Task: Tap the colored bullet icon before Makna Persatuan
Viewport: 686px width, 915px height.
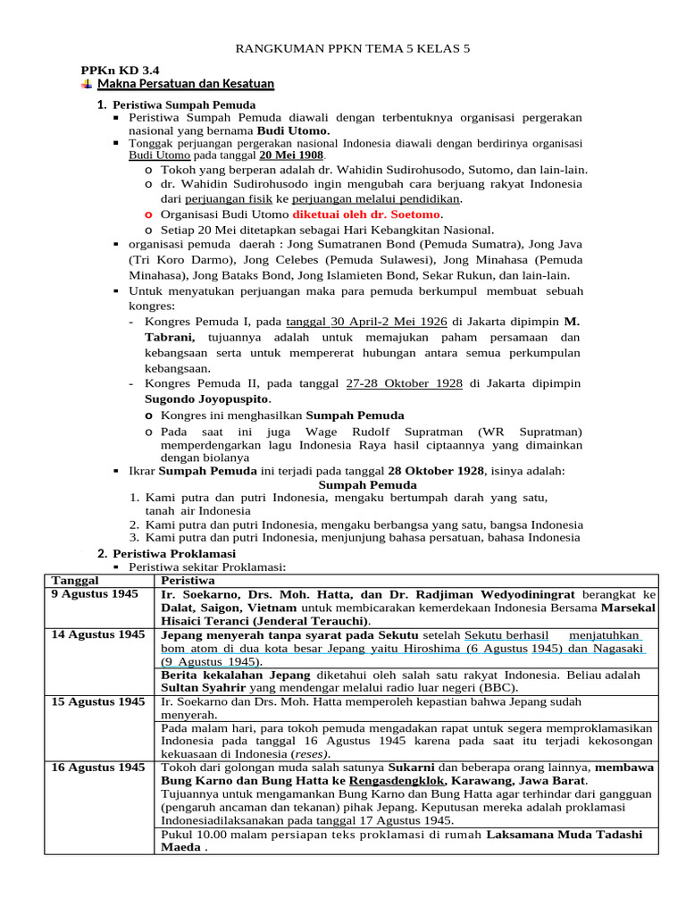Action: point(86,84)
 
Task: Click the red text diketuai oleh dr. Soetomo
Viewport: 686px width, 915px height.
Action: point(365,214)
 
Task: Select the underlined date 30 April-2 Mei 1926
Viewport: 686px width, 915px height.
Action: point(389,322)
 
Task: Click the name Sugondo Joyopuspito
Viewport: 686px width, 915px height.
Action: point(207,399)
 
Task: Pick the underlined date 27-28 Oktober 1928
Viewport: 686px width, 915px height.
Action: point(403,383)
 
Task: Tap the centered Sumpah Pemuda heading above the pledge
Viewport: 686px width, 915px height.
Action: point(360,483)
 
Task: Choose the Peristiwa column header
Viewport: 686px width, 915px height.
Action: point(188,580)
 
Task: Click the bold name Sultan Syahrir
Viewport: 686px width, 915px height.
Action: point(207,689)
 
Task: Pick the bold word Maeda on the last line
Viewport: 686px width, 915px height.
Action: point(180,848)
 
